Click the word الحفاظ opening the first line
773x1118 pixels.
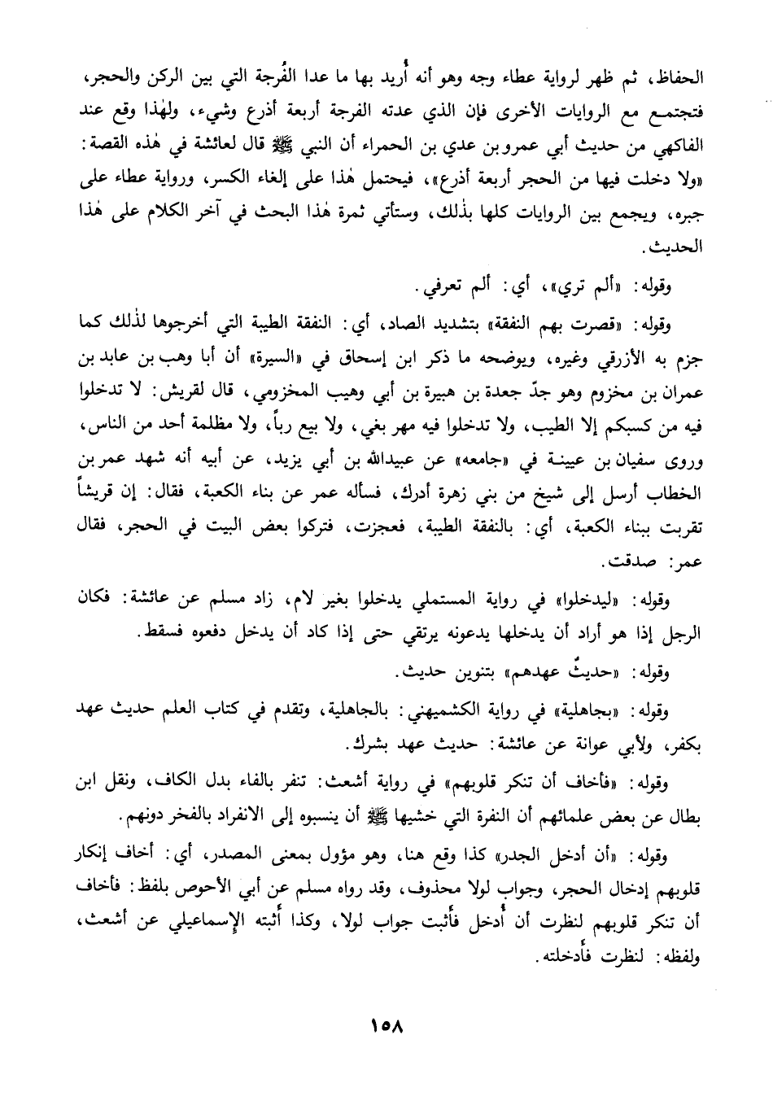pos(677,82)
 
